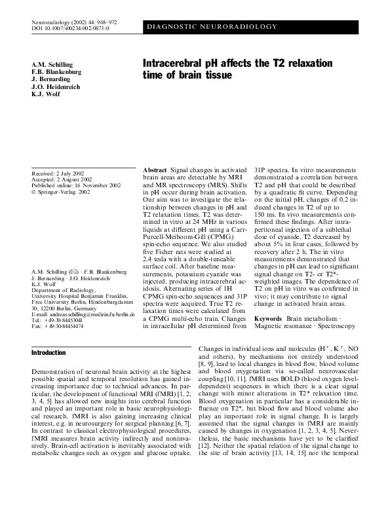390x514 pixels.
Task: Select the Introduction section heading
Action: pyautogui.click(x=49, y=352)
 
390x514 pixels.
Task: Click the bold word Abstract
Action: pyautogui.click(x=155, y=170)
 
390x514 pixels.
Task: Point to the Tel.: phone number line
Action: pyautogui.click(x=57, y=320)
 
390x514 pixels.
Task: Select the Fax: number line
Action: pyautogui.click(x=57, y=325)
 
